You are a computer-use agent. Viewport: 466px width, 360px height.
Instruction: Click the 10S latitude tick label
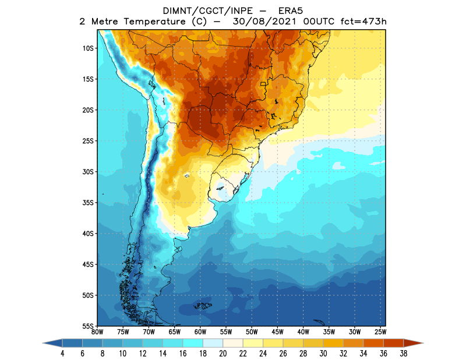[89, 48]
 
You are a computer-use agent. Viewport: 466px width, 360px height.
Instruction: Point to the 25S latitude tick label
[89, 141]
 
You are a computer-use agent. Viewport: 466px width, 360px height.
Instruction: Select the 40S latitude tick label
[89, 234]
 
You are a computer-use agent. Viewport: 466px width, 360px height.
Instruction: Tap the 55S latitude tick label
[89, 326]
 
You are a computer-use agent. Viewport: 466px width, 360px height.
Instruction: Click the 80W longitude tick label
[97, 332]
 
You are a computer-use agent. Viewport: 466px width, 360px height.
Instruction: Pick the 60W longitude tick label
[200, 332]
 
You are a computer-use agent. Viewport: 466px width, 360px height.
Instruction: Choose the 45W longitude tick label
[277, 332]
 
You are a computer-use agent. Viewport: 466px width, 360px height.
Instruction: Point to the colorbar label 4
[62, 354]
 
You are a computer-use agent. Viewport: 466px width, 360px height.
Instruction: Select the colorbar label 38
[404, 354]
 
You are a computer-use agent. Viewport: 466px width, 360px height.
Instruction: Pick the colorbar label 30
[323, 354]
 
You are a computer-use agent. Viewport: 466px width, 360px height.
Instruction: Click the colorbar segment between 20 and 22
[232, 344]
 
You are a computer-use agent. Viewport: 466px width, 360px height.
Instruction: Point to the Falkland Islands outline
[203, 305]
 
